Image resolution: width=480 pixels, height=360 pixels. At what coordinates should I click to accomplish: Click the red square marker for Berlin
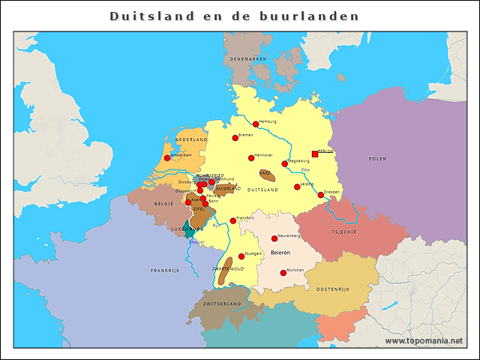(315, 154)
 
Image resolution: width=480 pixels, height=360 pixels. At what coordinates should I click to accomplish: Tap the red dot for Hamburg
(256, 124)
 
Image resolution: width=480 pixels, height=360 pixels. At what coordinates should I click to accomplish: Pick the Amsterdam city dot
(166, 158)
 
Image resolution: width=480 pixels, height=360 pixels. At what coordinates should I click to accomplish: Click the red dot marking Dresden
(321, 195)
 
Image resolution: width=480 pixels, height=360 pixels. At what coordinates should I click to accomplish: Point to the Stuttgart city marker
(241, 256)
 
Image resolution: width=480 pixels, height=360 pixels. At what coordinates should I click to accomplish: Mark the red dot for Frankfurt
(233, 220)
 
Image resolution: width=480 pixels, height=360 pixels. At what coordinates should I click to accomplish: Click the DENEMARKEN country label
(248, 58)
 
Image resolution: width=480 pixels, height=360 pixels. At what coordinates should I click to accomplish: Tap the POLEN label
(378, 159)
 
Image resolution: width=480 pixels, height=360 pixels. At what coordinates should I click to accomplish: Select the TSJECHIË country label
(344, 232)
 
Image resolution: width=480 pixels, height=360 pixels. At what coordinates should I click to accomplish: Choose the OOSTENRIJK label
(334, 289)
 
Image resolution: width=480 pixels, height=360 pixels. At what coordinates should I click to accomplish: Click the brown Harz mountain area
(266, 175)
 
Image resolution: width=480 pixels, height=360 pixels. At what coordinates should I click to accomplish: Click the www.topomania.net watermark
(424, 340)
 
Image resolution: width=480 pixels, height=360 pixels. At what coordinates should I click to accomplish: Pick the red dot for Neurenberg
(274, 238)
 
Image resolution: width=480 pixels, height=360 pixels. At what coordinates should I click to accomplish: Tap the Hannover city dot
(251, 157)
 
